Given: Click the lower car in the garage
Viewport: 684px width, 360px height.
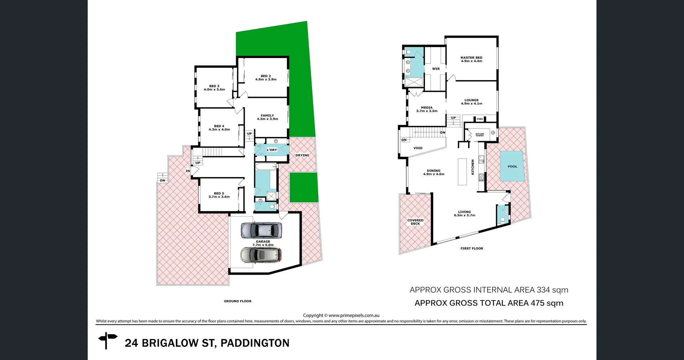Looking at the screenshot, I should (x=261, y=255).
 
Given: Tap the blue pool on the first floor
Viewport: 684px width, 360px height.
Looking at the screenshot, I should (x=512, y=166).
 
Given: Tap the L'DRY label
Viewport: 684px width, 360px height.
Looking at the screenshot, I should (x=272, y=150).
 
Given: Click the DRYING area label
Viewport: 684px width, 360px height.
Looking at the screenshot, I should (x=302, y=155).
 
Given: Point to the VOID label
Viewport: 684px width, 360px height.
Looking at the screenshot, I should (x=418, y=148).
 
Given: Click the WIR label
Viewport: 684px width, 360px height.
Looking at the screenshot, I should (x=436, y=69).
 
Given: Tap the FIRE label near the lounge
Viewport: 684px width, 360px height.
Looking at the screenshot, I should (x=480, y=119).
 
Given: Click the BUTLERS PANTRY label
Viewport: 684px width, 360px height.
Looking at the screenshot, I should (x=480, y=135).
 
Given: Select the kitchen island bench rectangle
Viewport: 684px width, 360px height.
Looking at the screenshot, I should (x=462, y=172).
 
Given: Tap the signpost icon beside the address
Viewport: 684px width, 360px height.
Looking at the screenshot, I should (x=107, y=340).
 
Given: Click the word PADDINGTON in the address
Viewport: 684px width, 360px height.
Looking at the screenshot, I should (x=255, y=343).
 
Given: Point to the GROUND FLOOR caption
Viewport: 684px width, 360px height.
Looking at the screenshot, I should (x=238, y=301).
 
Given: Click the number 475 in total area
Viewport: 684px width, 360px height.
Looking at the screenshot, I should (x=537, y=303).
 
